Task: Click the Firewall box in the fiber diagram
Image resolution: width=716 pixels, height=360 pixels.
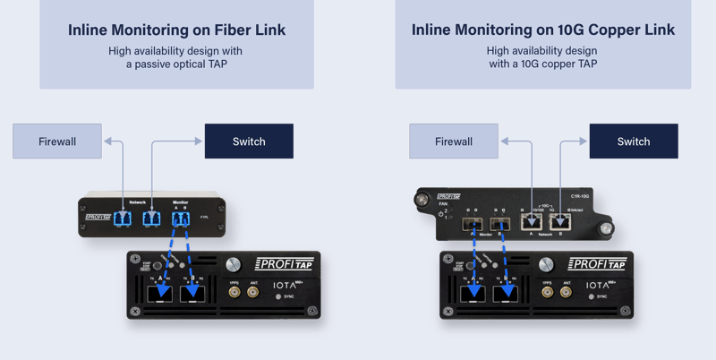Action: point(57,141)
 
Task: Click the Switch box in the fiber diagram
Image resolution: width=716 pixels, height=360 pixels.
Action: point(249,141)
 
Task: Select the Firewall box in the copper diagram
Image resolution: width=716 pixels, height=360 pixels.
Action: point(454,141)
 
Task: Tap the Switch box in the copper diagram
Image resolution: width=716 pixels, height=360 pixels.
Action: point(633,141)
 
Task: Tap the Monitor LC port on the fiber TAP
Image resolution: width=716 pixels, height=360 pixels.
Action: point(181,219)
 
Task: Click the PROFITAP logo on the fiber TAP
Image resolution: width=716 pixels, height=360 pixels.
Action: point(98,217)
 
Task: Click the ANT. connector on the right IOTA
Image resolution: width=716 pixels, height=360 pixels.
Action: point(566,291)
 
